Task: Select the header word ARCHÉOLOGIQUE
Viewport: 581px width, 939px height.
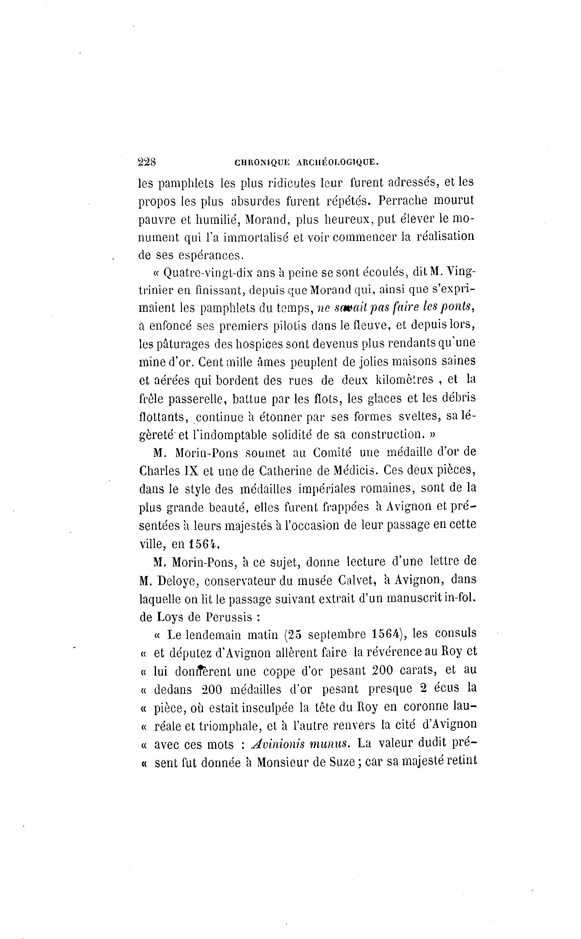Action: pyautogui.click(x=338, y=162)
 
